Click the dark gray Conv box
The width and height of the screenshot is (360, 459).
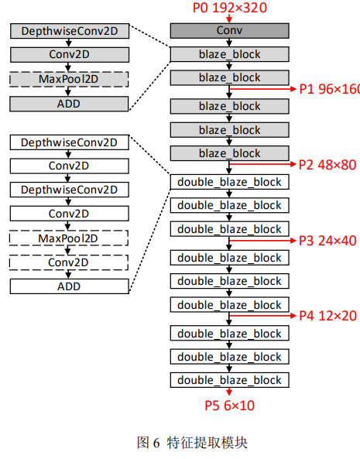[x=229, y=31]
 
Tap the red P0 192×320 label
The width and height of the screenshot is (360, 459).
[x=230, y=8]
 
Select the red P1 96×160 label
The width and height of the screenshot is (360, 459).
[x=330, y=89]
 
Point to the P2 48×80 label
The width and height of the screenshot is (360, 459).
[x=327, y=165]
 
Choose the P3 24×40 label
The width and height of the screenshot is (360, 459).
[x=327, y=241]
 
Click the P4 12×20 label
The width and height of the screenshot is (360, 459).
[x=327, y=316]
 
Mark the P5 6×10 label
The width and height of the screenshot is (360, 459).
[x=229, y=406]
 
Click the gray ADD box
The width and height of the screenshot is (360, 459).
[x=69, y=104]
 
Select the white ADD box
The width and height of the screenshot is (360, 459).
[x=70, y=286]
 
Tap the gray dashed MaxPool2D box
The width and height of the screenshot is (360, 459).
[x=69, y=79]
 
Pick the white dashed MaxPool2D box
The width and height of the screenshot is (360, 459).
[x=68, y=238]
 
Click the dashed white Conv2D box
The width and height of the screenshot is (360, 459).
[x=68, y=262]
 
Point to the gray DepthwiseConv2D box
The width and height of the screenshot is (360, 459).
[x=70, y=31]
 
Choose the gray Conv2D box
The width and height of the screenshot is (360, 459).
[x=70, y=55]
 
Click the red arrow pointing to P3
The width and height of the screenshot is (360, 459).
[x=262, y=241]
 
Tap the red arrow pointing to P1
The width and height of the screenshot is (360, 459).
[x=262, y=89]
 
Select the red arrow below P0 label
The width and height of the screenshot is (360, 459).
[x=229, y=18]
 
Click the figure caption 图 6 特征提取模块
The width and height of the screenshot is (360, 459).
[x=192, y=442]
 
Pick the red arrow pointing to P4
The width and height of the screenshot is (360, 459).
[x=262, y=316]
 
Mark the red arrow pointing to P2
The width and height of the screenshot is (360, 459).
[x=262, y=164]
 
